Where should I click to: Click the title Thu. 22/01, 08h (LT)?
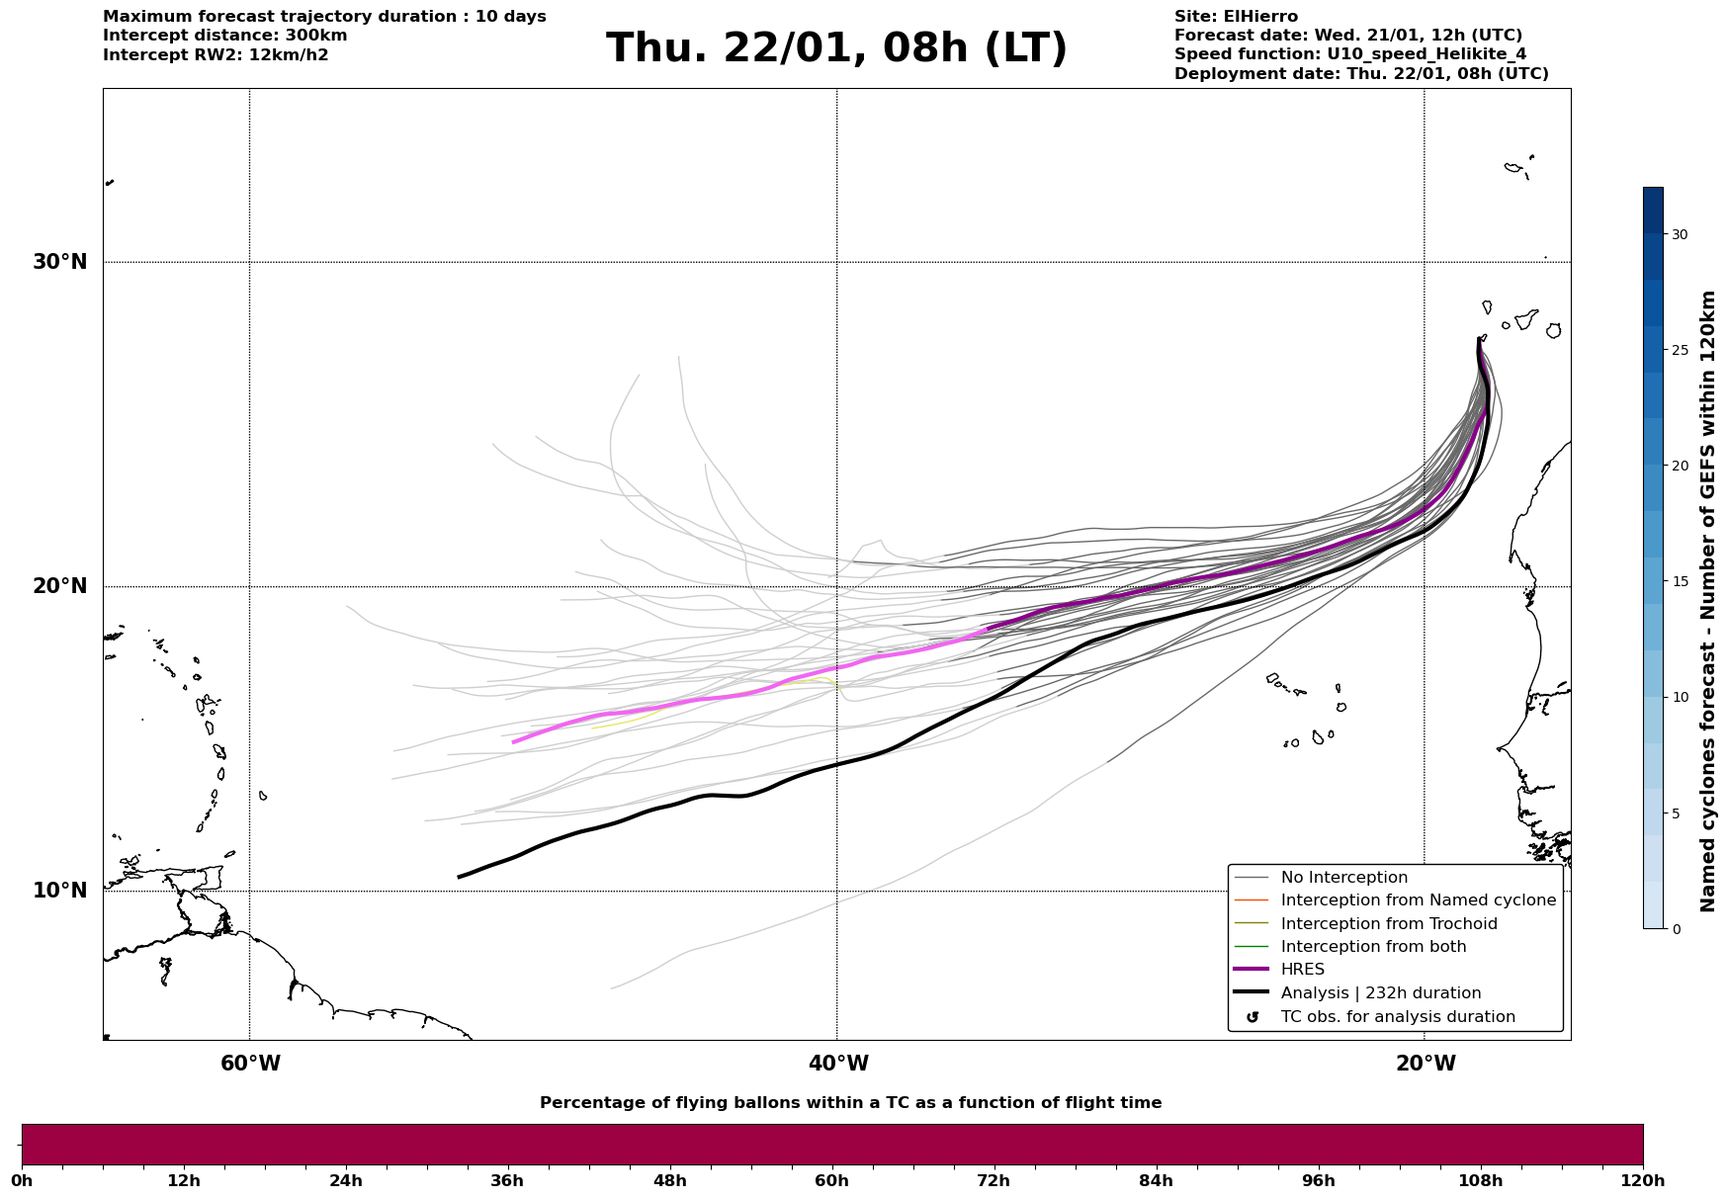[x=836, y=48]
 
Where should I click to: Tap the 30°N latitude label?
[x=60, y=262]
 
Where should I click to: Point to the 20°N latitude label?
[x=60, y=586]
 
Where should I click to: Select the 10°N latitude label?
[x=60, y=891]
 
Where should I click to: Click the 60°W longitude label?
[x=250, y=1064]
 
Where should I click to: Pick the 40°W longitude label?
[x=838, y=1064]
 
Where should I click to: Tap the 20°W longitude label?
[x=1426, y=1064]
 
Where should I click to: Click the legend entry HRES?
[x=1302, y=970]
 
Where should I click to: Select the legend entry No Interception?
[x=1343, y=878]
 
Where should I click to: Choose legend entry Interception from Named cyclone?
[x=1418, y=900]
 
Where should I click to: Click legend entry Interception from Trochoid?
[x=1388, y=924]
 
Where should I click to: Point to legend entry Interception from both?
[x=1373, y=947]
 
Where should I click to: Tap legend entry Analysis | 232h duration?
[x=1380, y=993]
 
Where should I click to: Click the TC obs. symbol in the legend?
[x=1253, y=1017]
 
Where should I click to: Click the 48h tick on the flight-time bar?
[x=669, y=1180]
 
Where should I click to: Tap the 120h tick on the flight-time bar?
[x=1642, y=1180]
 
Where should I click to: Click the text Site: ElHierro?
[x=1236, y=17]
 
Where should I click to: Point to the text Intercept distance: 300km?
[x=224, y=36]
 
